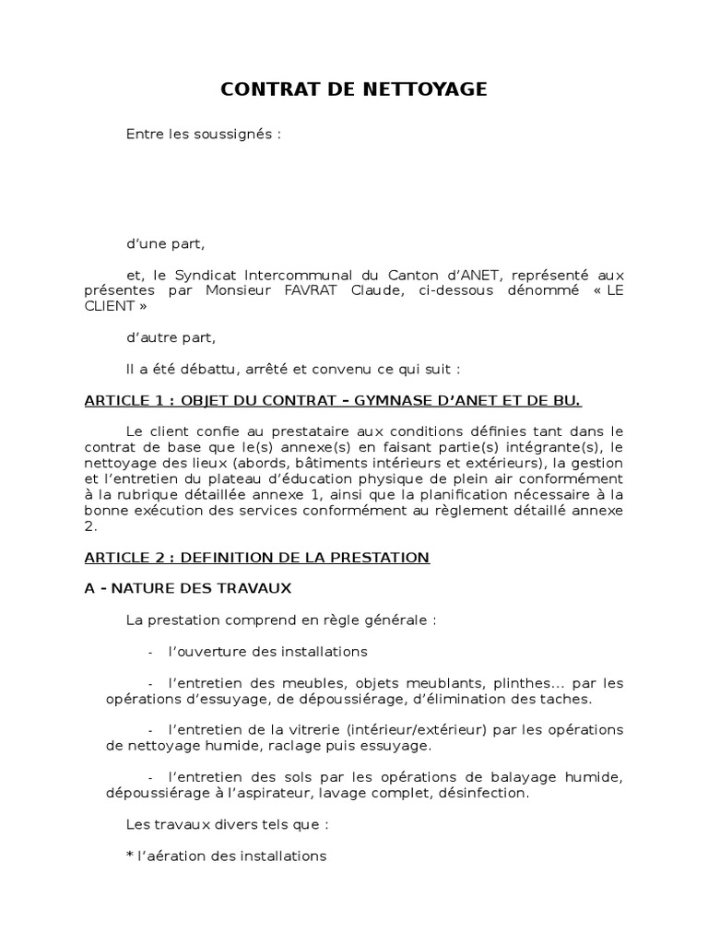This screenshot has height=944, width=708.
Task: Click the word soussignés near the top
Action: pos(234,134)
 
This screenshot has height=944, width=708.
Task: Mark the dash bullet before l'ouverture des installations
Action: pos(150,652)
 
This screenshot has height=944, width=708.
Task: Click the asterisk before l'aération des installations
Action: pos(130,855)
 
